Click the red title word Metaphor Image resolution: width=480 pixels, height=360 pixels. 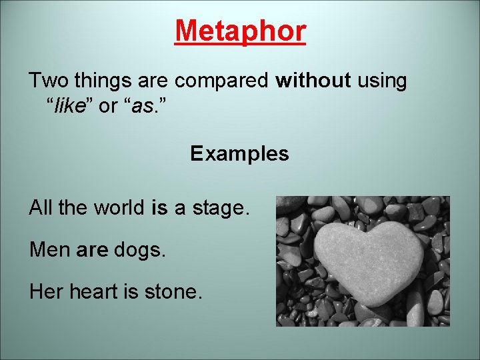coord(240,31)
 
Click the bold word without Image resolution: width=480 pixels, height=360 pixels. coord(313,81)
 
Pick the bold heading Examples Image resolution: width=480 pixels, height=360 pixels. coord(239,154)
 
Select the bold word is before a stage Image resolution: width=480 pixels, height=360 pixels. coord(160,208)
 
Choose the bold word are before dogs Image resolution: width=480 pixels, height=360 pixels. coord(92,250)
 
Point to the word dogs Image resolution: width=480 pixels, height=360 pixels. coord(139,251)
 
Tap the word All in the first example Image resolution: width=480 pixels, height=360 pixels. coord(40,208)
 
